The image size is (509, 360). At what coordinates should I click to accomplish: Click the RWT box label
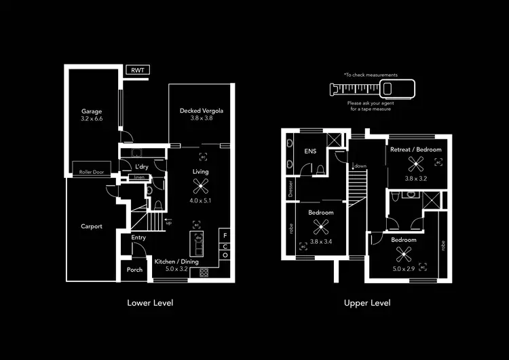point(138,70)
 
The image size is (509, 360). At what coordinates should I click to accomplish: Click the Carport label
point(92,226)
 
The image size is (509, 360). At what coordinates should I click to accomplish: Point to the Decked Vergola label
point(202,111)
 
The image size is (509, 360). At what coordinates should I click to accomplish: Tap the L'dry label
point(142,166)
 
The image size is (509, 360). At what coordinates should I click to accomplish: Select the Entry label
point(138,238)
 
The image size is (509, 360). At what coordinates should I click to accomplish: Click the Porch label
point(134,270)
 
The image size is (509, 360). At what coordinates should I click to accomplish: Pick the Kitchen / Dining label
point(176,262)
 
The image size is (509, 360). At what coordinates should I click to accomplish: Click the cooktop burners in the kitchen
point(203,272)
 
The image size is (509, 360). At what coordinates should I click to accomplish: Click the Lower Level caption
point(150,303)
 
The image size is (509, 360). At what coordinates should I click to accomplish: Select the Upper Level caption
point(367,303)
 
